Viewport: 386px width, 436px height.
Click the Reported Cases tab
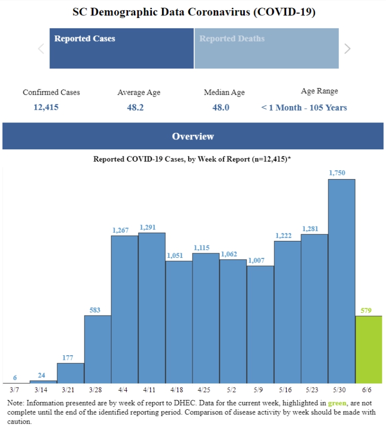point(121,48)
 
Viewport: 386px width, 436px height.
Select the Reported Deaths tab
point(266,48)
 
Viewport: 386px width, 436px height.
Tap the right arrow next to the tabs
point(347,48)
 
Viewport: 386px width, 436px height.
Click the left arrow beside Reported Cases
point(41,49)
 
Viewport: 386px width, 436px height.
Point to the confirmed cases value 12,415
point(46,108)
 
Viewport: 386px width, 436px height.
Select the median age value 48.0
point(220,108)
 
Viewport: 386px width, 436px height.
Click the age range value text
point(304,108)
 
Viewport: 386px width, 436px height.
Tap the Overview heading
point(193,136)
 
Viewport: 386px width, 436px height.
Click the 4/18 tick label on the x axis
point(179,390)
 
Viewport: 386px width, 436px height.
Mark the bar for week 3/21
point(71,373)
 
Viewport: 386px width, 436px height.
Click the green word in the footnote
point(338,403)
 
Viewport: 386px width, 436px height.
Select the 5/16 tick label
point(287,390)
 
